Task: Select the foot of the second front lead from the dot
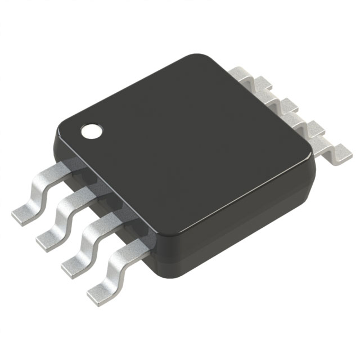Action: (48, 240)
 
